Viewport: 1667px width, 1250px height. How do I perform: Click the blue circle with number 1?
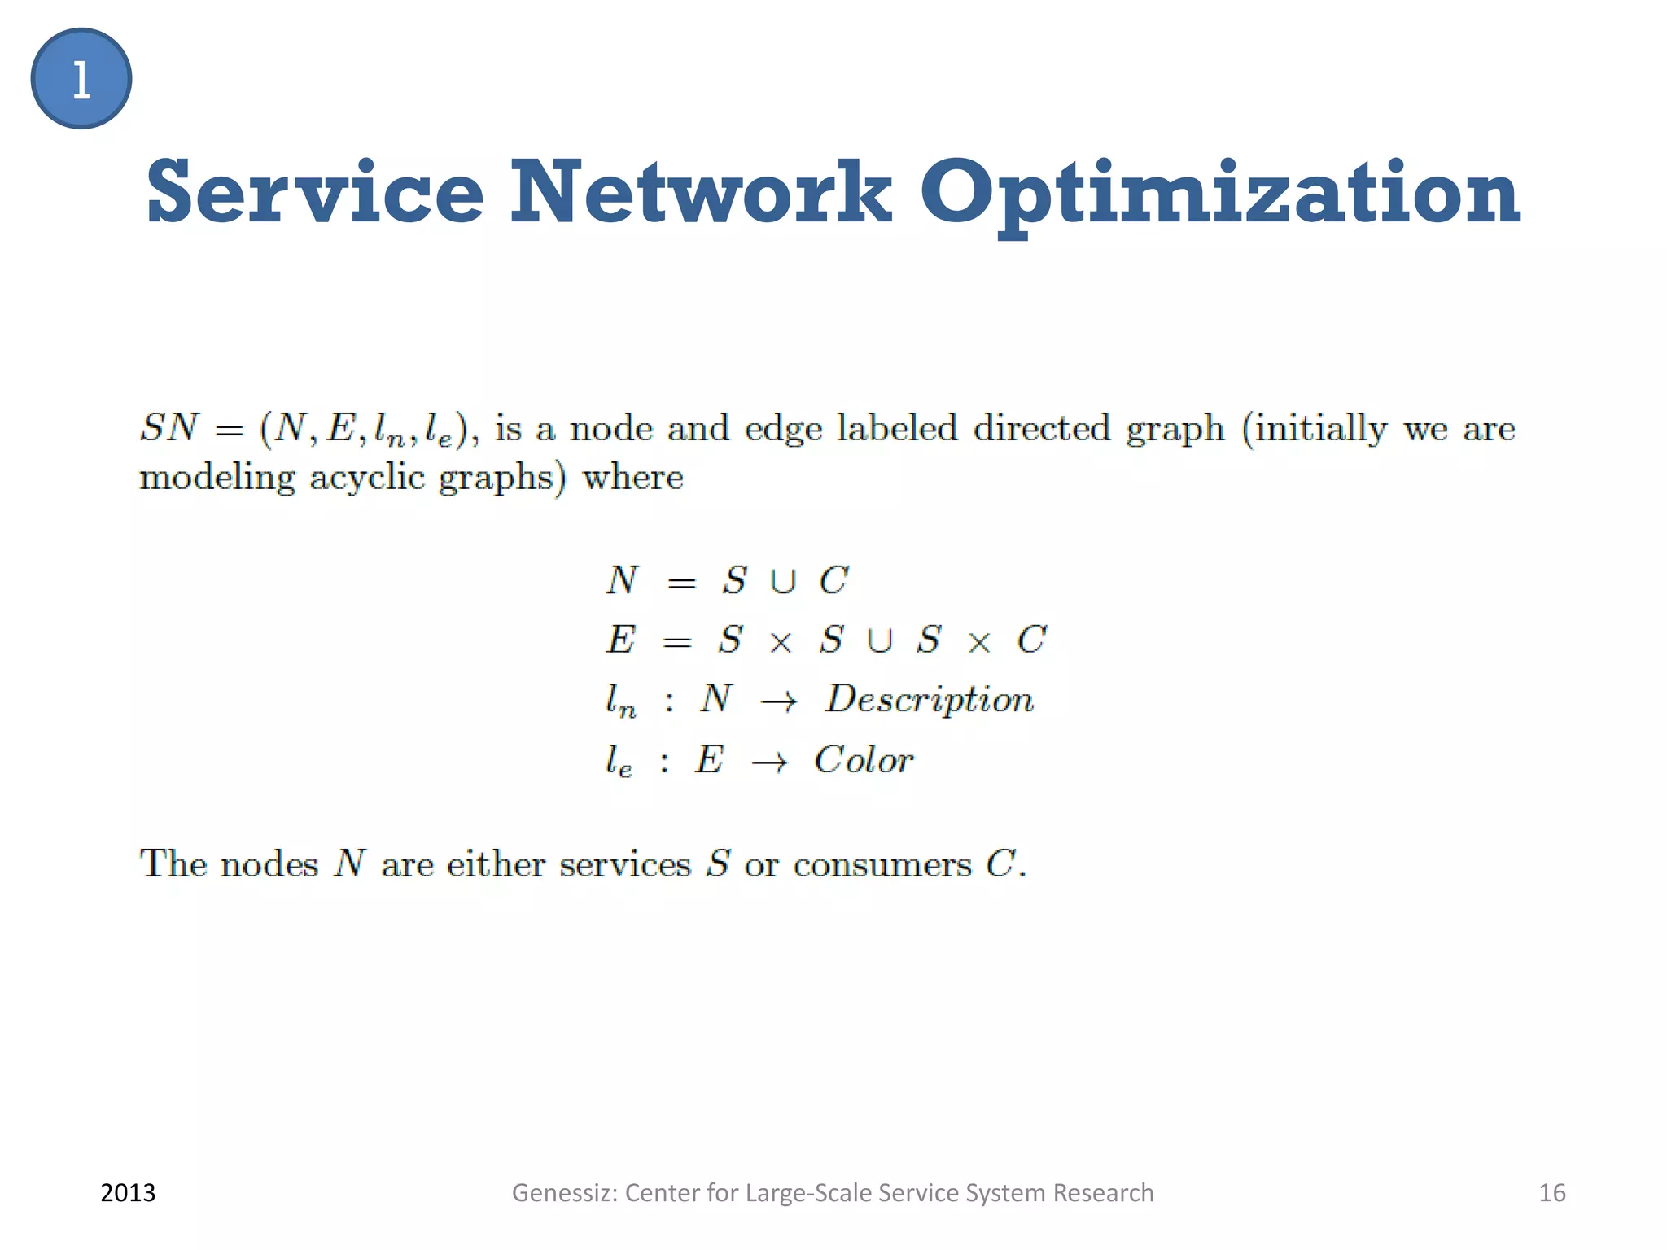click(81, 79)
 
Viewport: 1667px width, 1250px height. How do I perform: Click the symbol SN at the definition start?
click(169, 427)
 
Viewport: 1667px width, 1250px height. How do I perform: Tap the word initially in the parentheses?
click(1320, 429)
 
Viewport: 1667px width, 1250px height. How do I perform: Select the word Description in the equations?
click(930, 699)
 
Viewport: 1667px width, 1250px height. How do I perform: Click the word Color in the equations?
click(864, 760)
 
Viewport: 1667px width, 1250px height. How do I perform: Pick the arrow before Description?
click(778, 701)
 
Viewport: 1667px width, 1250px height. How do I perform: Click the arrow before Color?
click(769, 763)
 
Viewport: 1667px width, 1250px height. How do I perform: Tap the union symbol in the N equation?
click(783, 582)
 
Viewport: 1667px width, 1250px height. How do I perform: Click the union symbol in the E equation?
click(879, 641)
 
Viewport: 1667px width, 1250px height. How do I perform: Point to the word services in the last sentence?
click(625, 864)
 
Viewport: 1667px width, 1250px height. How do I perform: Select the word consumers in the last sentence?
click(882, 864)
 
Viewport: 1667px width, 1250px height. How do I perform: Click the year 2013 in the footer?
click(128, 1193)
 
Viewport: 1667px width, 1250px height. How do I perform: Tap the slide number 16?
click(1551, 1193)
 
